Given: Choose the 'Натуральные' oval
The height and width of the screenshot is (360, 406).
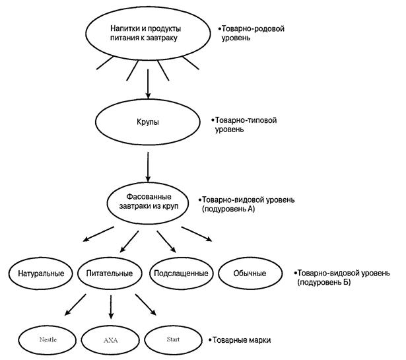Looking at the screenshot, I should pyautogui.click(x=40, y=273).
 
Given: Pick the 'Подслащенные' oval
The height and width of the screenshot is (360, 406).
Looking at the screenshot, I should pyautogui.click(x=180, y=273).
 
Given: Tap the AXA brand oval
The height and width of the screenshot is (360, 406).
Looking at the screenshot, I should pyautogui.click(x=110, y=340).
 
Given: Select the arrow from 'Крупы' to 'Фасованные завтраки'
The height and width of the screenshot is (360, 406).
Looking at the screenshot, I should pyautogui.click(x=147, y=166).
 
